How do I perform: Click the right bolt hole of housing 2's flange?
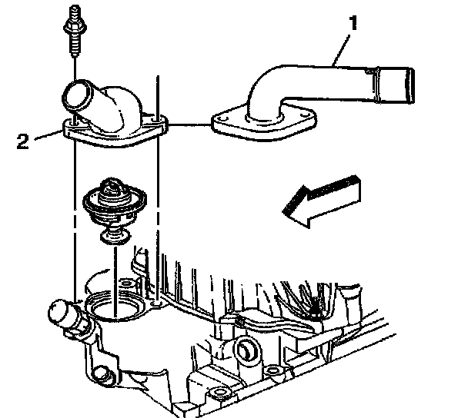point(159,119)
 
